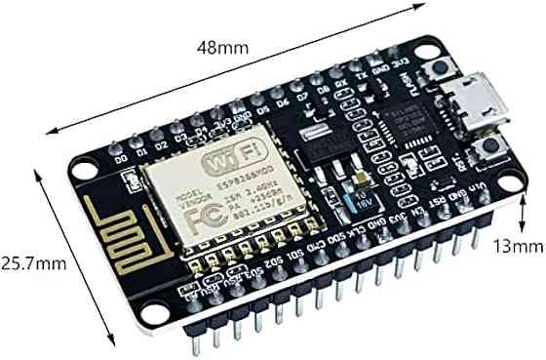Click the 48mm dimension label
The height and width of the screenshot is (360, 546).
(222, 46)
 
